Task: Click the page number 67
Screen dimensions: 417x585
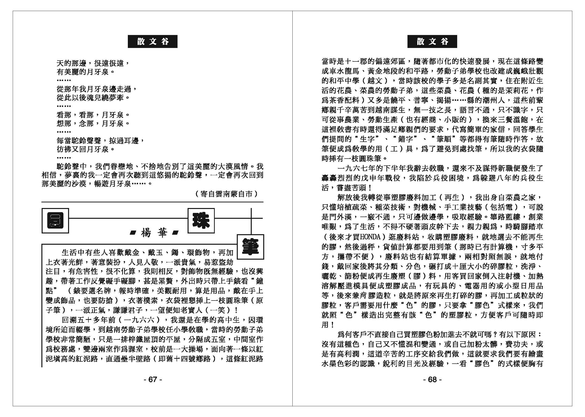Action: tap(153, 380)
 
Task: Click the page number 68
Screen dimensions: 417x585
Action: tap(432, 380)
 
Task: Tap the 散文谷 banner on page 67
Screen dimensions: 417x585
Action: tap(153, 42)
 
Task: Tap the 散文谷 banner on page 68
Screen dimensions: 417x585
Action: tap(432, 42)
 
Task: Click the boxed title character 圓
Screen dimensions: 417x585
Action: tap(55, 220)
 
